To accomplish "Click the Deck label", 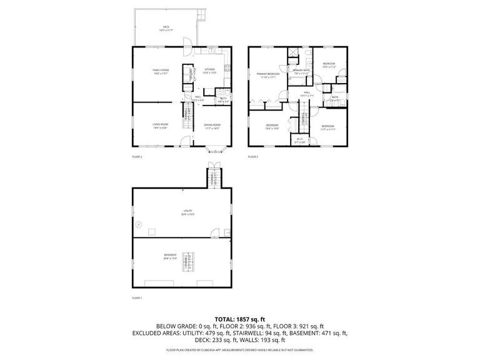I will (x=166, y=27).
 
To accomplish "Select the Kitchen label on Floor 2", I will (x=209, y=70).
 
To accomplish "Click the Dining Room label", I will (x=212, y=125).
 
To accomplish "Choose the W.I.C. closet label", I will (x=300, y=139).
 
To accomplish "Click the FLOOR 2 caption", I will (x=137, y=156).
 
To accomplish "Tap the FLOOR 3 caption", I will (x=253, y=156).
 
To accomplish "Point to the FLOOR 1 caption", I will (x=137, y=297).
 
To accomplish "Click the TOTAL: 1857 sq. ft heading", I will (x=239, y=318).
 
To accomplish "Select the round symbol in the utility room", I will (x=139, y=224).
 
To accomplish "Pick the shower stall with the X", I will (x=292, y=52).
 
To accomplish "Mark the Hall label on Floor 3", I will (x=307, y=93).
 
